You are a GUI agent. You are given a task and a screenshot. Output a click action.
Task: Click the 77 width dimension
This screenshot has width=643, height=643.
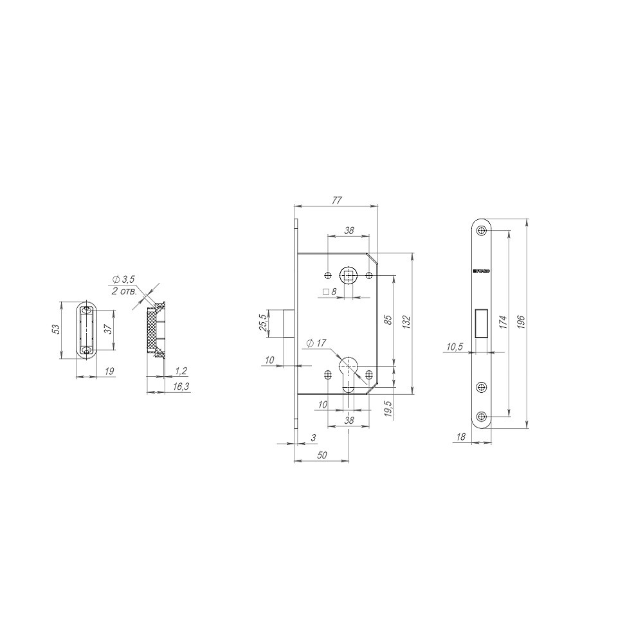[x=336, y=200]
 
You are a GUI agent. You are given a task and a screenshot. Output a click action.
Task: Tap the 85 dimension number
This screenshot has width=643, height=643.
[x=388, y=320]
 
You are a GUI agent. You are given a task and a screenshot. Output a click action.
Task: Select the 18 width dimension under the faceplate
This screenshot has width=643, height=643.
[x=460, y=437]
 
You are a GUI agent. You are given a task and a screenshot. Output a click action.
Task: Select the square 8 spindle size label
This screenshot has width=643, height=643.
[x=331, y=292]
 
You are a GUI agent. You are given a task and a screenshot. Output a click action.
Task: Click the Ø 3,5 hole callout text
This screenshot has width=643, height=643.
[x=123, y=279]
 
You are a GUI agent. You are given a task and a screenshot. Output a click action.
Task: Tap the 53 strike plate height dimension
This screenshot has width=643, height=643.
[x=56, y=329]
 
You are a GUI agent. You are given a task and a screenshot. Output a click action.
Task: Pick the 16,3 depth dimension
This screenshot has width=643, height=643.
[x=181, y=387]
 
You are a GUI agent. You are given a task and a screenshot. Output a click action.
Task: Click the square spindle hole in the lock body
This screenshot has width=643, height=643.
[x=349, y=276]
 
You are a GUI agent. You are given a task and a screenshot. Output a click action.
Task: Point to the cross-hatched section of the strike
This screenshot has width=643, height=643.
[x=153, y=329]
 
